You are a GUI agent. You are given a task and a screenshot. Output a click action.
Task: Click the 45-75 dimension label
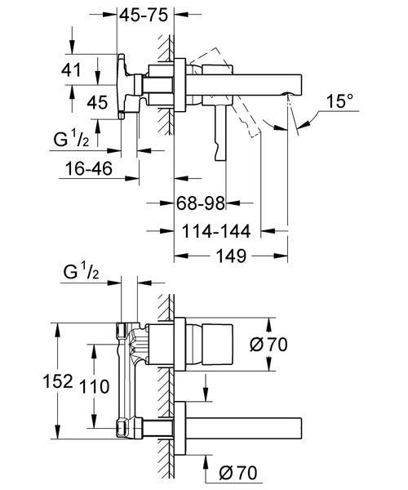[144, 15]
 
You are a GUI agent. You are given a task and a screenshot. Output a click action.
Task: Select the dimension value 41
[71, 69]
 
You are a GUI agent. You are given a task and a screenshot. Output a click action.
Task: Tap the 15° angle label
[340, 101]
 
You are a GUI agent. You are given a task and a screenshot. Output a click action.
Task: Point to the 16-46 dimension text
[89, 168]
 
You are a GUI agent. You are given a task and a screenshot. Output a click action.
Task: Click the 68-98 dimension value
[201, 203]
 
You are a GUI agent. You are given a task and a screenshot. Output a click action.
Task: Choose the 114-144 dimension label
[216, 231]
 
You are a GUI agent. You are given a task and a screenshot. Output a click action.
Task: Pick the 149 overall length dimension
[231, 256]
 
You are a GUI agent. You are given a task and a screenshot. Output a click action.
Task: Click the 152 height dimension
[58, 381]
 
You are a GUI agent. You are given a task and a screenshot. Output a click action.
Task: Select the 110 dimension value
[95, 386]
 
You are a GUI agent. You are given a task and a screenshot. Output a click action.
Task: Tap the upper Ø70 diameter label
[268, 345]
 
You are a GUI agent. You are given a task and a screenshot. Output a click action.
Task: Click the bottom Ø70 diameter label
[238, 473]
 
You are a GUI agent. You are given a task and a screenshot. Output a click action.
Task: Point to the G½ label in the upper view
[72, 139]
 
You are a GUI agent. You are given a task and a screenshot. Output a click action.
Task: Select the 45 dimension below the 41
[97, 102]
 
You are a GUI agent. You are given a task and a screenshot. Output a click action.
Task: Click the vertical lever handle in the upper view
[220, 132]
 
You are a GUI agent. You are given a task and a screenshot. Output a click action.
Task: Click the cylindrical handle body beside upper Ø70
[218, 345]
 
